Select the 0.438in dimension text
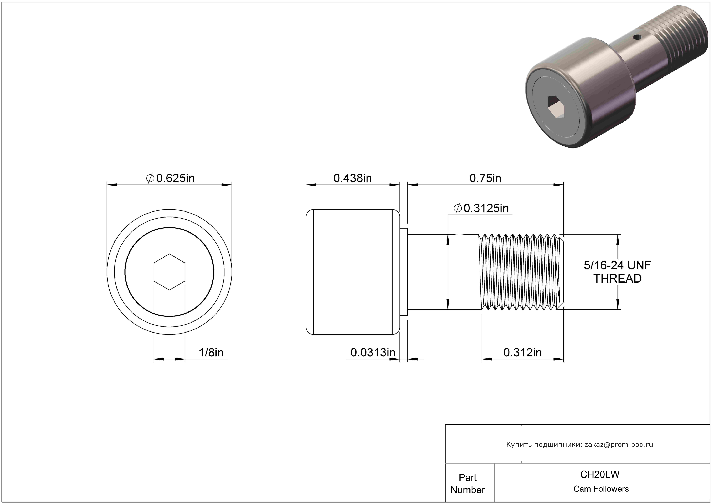coord(353,178)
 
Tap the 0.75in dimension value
coord(485,178)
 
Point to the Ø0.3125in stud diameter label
coord(481,208)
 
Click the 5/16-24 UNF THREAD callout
coord(617,272)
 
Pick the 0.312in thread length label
coord(523,353)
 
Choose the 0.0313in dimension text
coord(373,353)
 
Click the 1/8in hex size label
coord(211,353)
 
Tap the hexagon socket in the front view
coord(169,272)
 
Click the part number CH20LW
coord(600,474)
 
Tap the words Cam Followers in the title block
coord(601,489)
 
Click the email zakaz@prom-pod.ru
coord(619,444)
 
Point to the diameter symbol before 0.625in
coord(150,178)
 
